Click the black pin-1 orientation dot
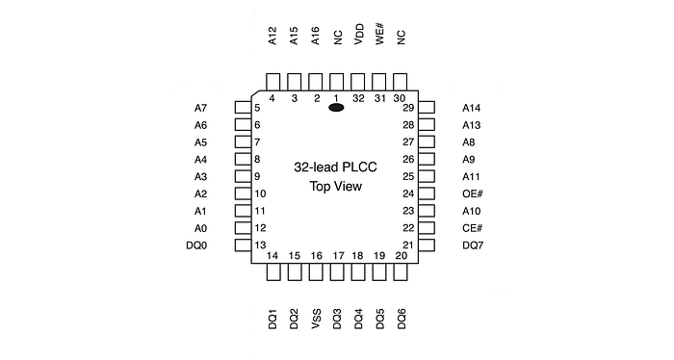[x=337, y=108]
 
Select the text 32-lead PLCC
[x=335, y=167]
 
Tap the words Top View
[x=335, y=187]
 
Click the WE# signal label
[x=379, y=35]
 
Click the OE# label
[x=472, y=193]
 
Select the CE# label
[x=472, y=228]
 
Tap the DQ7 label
[x=472, y=245]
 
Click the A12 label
[x=273, y=36]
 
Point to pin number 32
[x=358, y=98]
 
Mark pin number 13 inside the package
[x=260, y=245]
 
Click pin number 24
[x=408, y=193]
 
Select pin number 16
[x=316, y=256]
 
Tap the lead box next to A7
[x=242, y=108]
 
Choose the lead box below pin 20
[x=401, y=272]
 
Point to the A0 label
[x=200, y=228]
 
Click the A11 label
[x=471, y=176]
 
